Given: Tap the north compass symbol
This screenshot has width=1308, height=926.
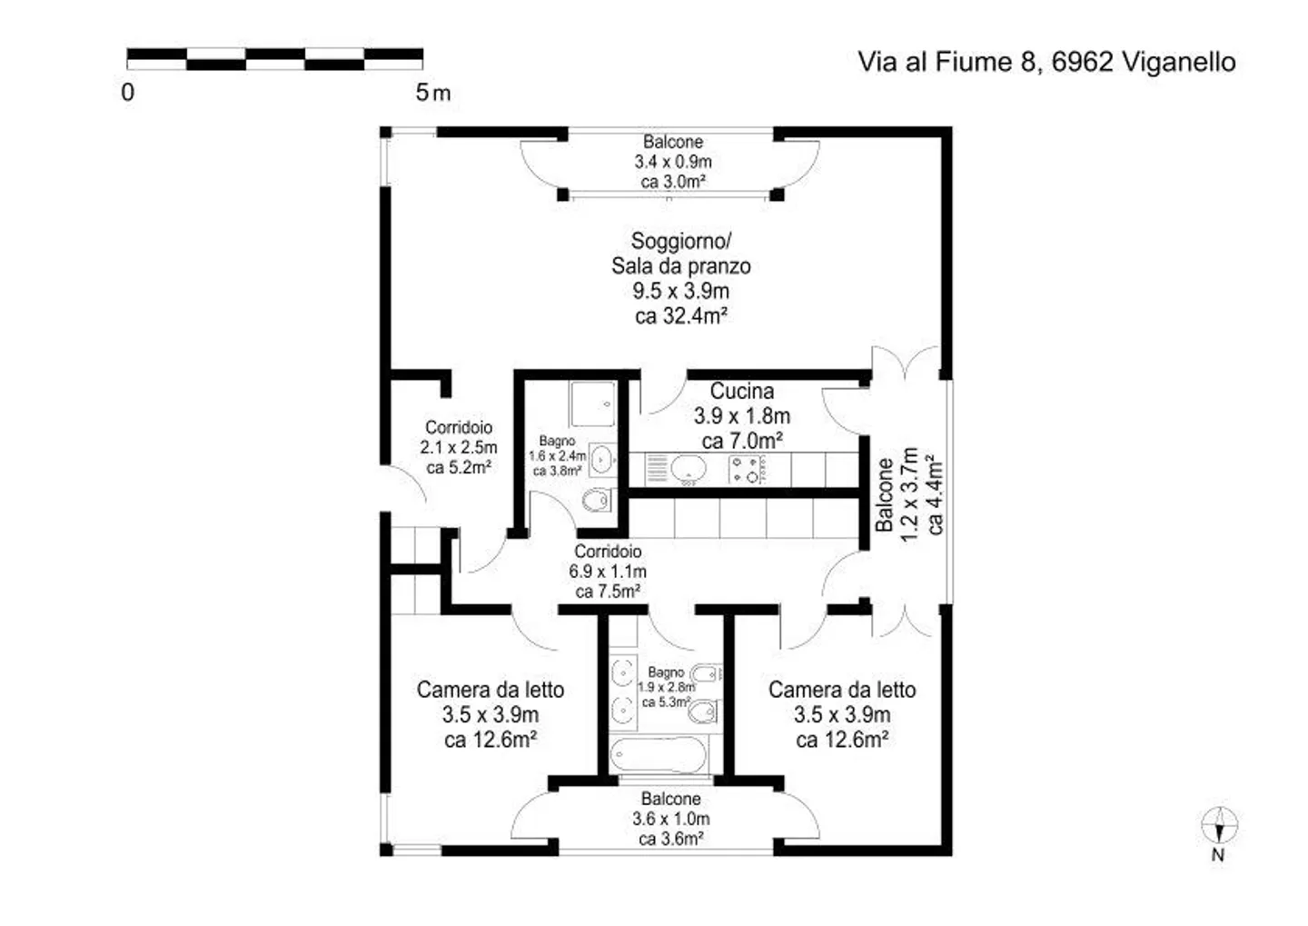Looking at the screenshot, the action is (x=1219, y=825).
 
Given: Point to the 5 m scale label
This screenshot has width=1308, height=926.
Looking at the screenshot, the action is (x=432, y=93).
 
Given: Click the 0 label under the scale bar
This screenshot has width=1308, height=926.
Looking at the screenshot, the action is (x=128, y=93).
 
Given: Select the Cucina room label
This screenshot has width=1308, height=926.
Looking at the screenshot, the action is (x=741, y=390).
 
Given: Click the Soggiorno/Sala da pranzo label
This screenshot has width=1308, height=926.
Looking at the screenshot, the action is (x=681, y=253).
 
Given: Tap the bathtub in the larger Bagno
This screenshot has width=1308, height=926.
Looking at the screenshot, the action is (x=658, y=754).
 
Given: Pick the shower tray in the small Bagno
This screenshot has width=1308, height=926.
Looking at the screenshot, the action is (x=592, y=403).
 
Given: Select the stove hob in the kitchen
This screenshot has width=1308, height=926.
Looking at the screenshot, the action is (x=747, y=470).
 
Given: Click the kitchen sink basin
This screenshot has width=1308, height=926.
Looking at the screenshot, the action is (x=689, y=468).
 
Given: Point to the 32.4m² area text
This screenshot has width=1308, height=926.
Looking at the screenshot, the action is (x=681, y=316).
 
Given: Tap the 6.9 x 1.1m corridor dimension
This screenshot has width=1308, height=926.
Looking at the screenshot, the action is (x=608, y=571).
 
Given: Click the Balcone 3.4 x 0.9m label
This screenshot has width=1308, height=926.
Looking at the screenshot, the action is (x=673, y=161).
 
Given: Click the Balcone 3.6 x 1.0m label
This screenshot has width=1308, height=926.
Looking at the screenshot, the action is (x=671, y=819).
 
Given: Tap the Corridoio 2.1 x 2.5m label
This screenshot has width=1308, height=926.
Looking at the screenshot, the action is (x=459, y=447).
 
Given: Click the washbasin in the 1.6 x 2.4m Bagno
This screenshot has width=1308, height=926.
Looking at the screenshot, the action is (x=601, y=460).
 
